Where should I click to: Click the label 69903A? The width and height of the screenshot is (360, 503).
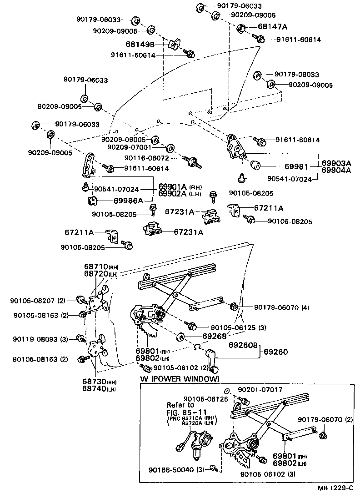(x=337, y=163)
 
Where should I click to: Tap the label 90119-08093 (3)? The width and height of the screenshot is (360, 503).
(x=40, y=339)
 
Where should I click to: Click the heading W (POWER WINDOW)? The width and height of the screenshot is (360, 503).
(x=180, y=379)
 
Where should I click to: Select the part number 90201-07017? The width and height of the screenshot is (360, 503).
(x=260, y=390)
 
